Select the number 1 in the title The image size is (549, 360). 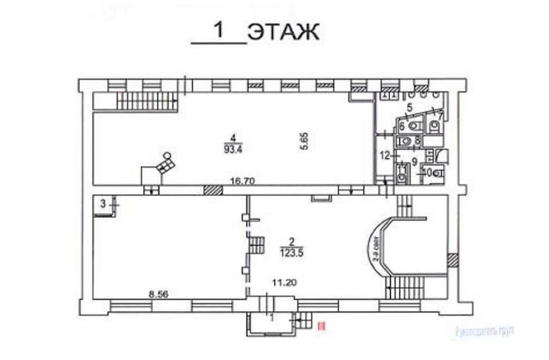click(219, 31)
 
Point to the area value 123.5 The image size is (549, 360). click(291, 253)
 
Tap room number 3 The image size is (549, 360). click(103, 204)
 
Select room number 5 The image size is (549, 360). click(410, 107)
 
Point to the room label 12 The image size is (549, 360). click(385, 155)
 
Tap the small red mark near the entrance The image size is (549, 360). click(319, 323)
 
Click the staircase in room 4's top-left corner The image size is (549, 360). click(146, 101)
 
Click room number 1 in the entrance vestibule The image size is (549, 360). click(273, 317)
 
